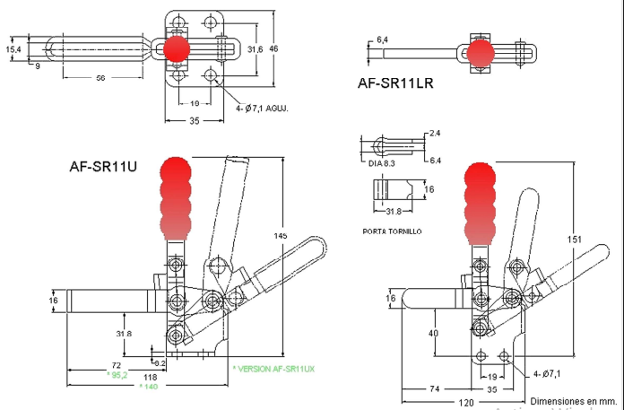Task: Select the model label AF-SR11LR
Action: (395, 85)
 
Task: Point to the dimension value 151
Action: (576, 239)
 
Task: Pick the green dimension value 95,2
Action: (117, 375)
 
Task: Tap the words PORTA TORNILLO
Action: (392, 231)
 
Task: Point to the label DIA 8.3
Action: (382, 163)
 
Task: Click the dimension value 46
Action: (274, 48)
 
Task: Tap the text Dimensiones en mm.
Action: (574, 400)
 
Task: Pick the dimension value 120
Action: (466, 403)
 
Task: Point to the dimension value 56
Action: (100, 78)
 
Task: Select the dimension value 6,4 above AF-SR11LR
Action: (382, 39)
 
